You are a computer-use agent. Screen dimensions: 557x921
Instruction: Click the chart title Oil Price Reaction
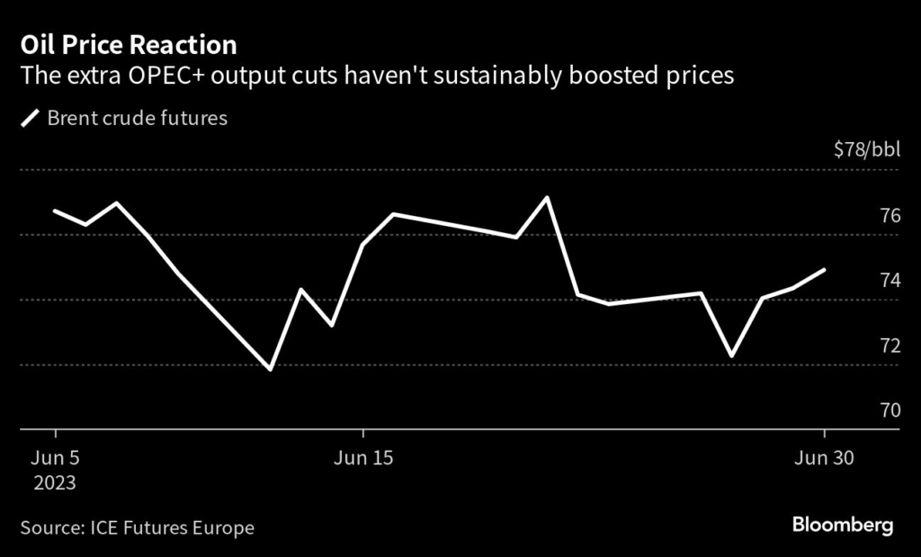[128, 45]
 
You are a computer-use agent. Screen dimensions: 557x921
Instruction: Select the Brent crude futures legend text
[137, 118]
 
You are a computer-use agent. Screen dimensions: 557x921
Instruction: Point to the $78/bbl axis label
[866, 149]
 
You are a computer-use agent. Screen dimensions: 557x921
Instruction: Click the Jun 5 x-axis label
[55, 458]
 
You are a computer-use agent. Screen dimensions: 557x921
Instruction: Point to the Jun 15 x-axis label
[362, 458]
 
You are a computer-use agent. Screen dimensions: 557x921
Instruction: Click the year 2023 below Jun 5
[55, 483]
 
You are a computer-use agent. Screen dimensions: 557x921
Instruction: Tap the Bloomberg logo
[842, 526]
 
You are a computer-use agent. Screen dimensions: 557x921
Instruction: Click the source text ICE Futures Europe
[172, 527]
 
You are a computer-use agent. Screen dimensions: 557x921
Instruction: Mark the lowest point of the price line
[270, 369]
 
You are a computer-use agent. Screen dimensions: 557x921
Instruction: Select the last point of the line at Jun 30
[825, 270]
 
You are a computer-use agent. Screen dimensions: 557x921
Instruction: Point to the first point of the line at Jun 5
[56, 211]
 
